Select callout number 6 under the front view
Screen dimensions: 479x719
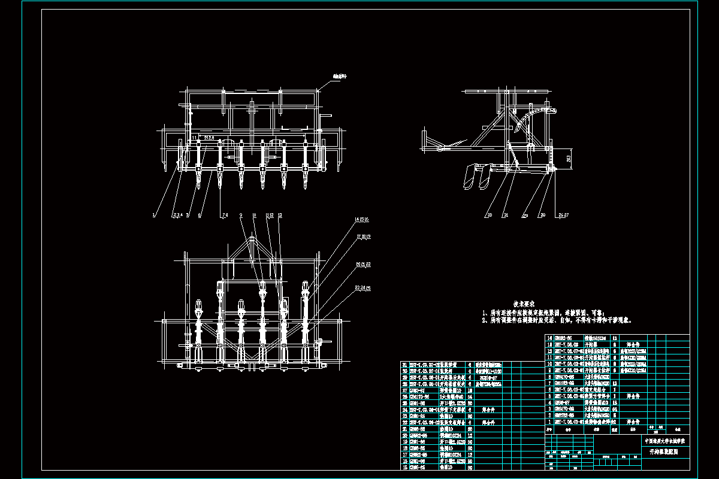200,214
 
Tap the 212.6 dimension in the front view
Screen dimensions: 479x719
209,138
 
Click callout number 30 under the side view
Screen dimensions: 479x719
489,214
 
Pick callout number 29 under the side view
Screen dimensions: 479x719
542,214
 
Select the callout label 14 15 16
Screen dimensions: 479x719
362,220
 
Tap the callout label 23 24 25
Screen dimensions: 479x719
363,288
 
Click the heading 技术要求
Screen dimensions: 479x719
523,304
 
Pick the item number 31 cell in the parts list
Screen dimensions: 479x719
404,365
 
